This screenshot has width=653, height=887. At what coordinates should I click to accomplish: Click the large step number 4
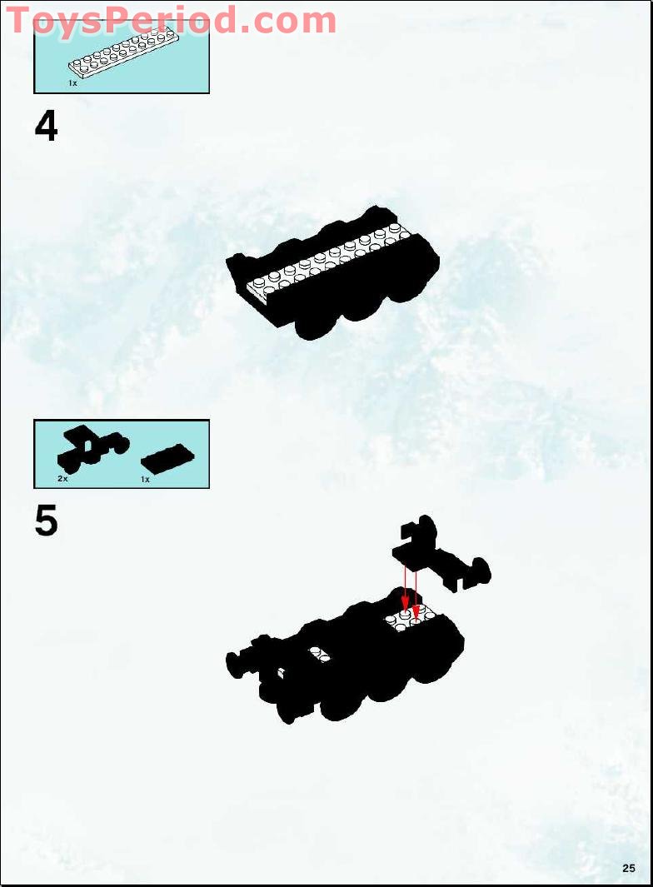[47, 127]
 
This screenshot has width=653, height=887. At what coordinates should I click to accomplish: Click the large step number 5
[47, 521]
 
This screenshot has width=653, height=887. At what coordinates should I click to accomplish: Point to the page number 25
[628, 868]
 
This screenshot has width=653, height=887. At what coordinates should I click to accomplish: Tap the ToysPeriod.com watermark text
[172, 20]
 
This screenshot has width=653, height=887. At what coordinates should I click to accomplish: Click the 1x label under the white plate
[72, 83]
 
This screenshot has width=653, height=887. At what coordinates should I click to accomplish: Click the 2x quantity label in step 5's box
[62, 480]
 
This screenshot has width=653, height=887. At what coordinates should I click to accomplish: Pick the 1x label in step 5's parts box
[145, 480]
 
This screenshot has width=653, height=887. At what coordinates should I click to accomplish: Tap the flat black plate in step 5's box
[167, 457]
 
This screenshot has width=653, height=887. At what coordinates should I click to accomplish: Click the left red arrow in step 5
[406, 587]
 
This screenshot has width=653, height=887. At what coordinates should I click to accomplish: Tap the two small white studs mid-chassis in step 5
[319, 655]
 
